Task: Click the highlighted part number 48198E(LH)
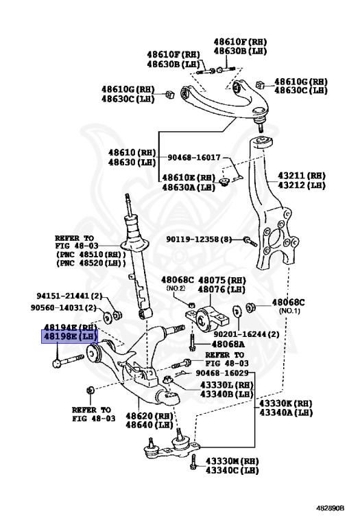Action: (70, 337)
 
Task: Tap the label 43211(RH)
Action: (302, 175)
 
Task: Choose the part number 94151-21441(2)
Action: (69, 296)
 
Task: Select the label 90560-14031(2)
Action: (69, 308)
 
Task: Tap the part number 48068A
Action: (228, 343)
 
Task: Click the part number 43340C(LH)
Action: (231, 470)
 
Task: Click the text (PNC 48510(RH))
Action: (80, 254)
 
